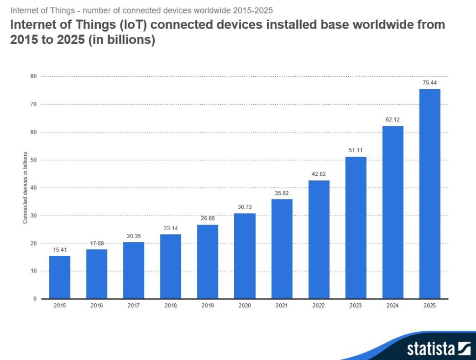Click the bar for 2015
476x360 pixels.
pyautogui.click(x=59, y=277)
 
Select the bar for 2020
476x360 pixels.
pyautogui.click(x=245, y=256)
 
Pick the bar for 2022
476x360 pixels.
pyautogui.click(x=318, y=239)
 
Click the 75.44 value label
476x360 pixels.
pyautogui.click(x=430, y=82)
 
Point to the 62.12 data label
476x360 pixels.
pyautogui.click(x=393, y=120)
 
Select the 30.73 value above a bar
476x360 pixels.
pyautogui.click(x=245, y=207)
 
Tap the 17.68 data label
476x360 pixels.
pyautogui.click(x=97, y=243)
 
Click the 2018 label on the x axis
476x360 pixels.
pyautogui.click(x=171, y=306)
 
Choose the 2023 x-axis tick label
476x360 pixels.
pyautogui.click(x=356, y=306)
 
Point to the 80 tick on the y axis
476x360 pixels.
pyautogui.click(x=33, y=76)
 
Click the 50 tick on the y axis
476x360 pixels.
pyautogui.click(x=33, y=160)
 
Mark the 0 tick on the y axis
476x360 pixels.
pyautogui.click(x=35, y=299)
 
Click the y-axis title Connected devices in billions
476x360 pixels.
pyautogui.click(x=25, y=187)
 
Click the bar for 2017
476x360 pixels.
pyautogui.click(x=133, y=270)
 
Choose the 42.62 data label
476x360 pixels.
pyautogui.click(x=318, y=174)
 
